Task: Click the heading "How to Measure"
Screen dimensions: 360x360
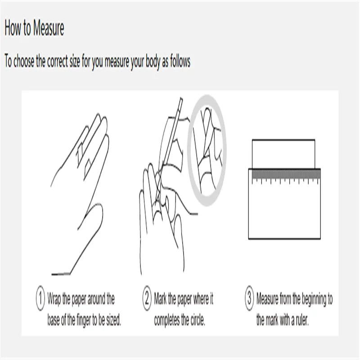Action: [34, 28]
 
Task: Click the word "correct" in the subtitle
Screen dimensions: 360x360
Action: [58, 61]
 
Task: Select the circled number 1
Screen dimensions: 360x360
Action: [40, 298]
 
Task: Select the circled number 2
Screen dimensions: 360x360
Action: [147, 298]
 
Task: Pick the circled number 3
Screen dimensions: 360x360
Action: [249, 298]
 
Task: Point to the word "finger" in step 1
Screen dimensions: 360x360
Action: [83, 320]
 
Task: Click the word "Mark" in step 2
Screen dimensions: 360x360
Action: [160, 298]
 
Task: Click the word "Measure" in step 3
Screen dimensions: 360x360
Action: [267, 298]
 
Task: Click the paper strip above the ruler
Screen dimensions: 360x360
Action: [283, 154]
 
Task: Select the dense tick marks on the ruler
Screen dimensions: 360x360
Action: [286, 174]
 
